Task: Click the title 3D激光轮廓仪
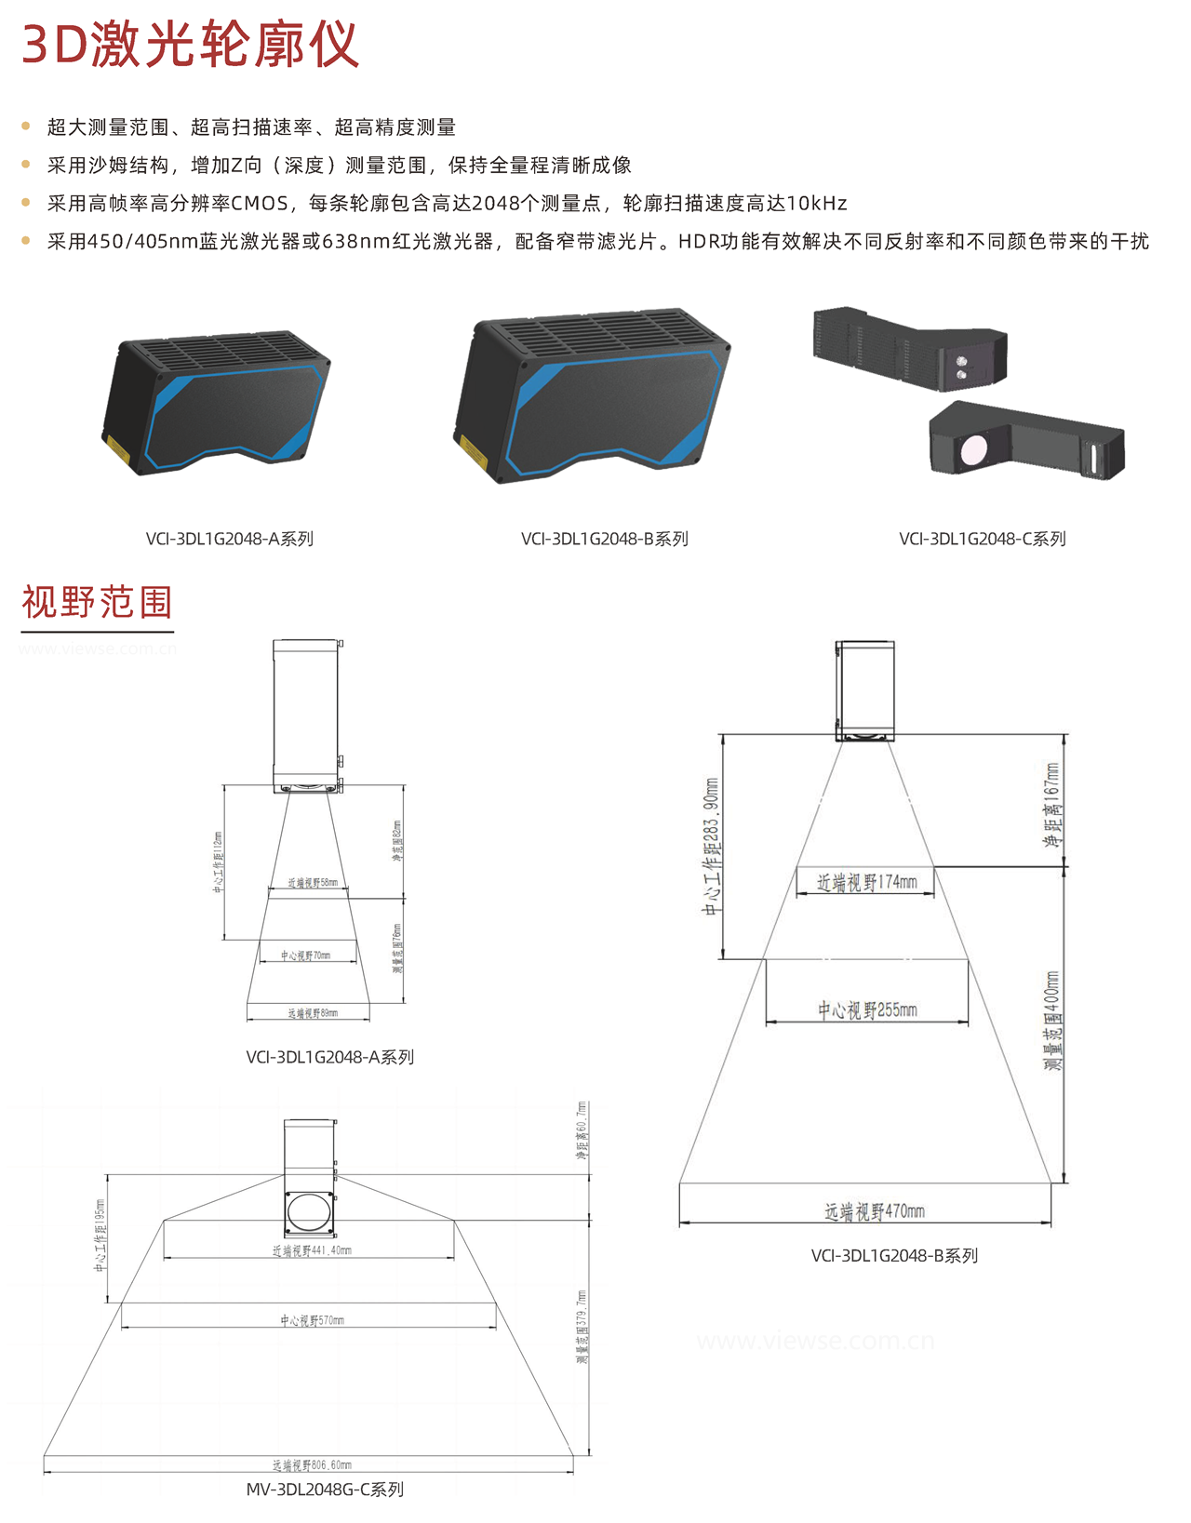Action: (190, 44)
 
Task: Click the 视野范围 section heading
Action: (97, 602)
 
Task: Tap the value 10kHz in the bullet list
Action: (816, 203)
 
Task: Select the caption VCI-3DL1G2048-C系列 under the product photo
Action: (982, 539)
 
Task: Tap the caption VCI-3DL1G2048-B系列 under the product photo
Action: (604, 539)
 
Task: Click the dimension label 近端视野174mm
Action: (866, 882)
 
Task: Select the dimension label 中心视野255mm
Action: (867, 1009)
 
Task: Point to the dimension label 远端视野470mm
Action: (874, 1211)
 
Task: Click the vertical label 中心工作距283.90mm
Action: (711, 846)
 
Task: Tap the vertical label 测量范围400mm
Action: (1052, 1021)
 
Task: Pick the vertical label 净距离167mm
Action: (1052, 805)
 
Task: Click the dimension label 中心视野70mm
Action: (306, 955)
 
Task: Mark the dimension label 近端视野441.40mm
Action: (312, 1250)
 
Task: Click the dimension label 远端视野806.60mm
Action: (312, 1464)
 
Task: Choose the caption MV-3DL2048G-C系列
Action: (325, 1490)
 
